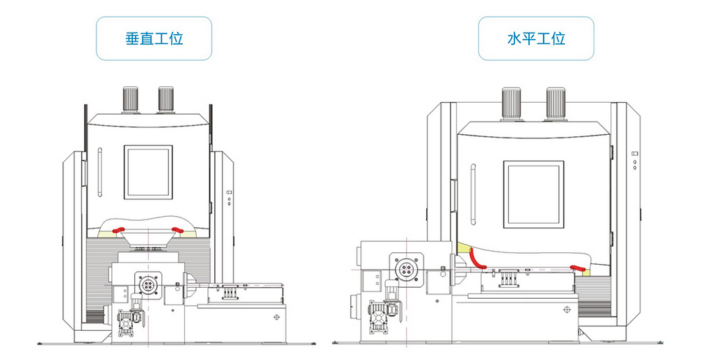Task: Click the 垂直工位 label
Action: [154, 38]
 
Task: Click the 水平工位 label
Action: [536, 38]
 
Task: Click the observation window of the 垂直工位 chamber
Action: [147, 172]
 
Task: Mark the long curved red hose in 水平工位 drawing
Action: [476, 257]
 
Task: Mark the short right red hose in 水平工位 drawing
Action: [576, 268]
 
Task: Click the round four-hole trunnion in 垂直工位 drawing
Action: [148, 286]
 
